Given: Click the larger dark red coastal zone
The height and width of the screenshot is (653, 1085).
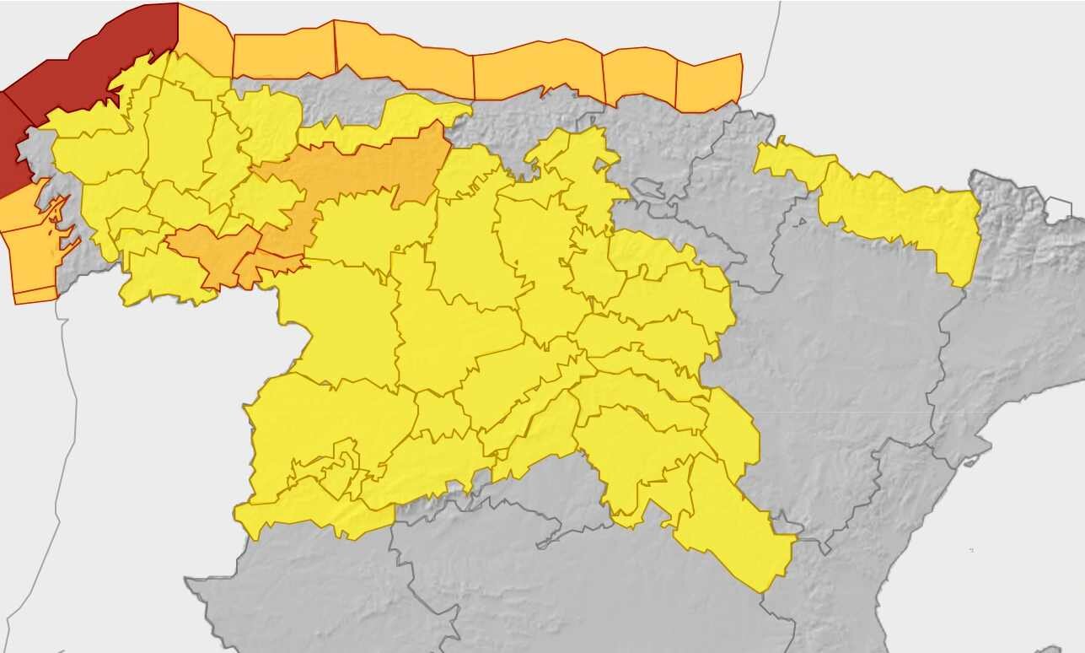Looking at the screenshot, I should click(93, 59).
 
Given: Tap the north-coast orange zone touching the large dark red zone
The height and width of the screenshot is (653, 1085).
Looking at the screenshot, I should click(205, 38).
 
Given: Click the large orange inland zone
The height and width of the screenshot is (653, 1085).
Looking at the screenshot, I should click(363, 169).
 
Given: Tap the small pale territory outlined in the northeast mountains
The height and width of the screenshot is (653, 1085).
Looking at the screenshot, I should click(1059, 208).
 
